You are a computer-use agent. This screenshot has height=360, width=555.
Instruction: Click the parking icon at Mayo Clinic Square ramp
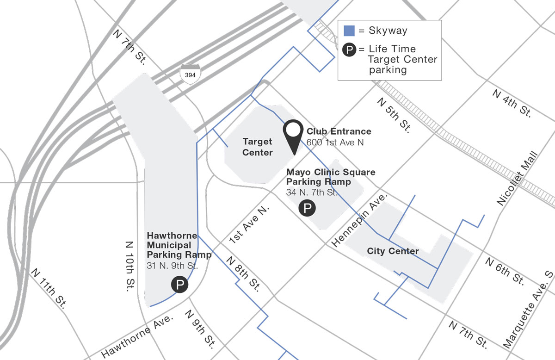pos(307,208)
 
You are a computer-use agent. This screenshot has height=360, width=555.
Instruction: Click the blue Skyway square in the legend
pos(349,31)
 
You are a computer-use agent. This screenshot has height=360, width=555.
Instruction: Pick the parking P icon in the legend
pos(349,50)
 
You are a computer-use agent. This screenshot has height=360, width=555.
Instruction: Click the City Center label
pos(393,251)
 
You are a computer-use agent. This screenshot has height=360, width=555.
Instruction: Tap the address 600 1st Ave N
pos(335,142)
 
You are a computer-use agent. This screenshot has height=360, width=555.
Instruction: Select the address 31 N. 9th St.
pos(172,266)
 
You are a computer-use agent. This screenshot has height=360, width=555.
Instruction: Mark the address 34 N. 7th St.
pos(312,192)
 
